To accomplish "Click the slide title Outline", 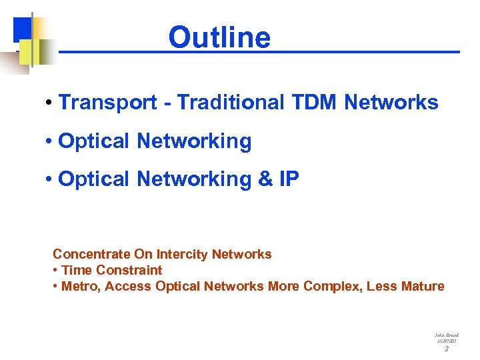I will pos(219,37).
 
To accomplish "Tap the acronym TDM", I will pos(315,103).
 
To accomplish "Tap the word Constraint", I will pos(129,270).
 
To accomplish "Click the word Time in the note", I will pos(77,270).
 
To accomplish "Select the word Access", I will pos(128,286).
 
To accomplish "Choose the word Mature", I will pos(423,286).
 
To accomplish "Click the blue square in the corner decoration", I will pos(21,28).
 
